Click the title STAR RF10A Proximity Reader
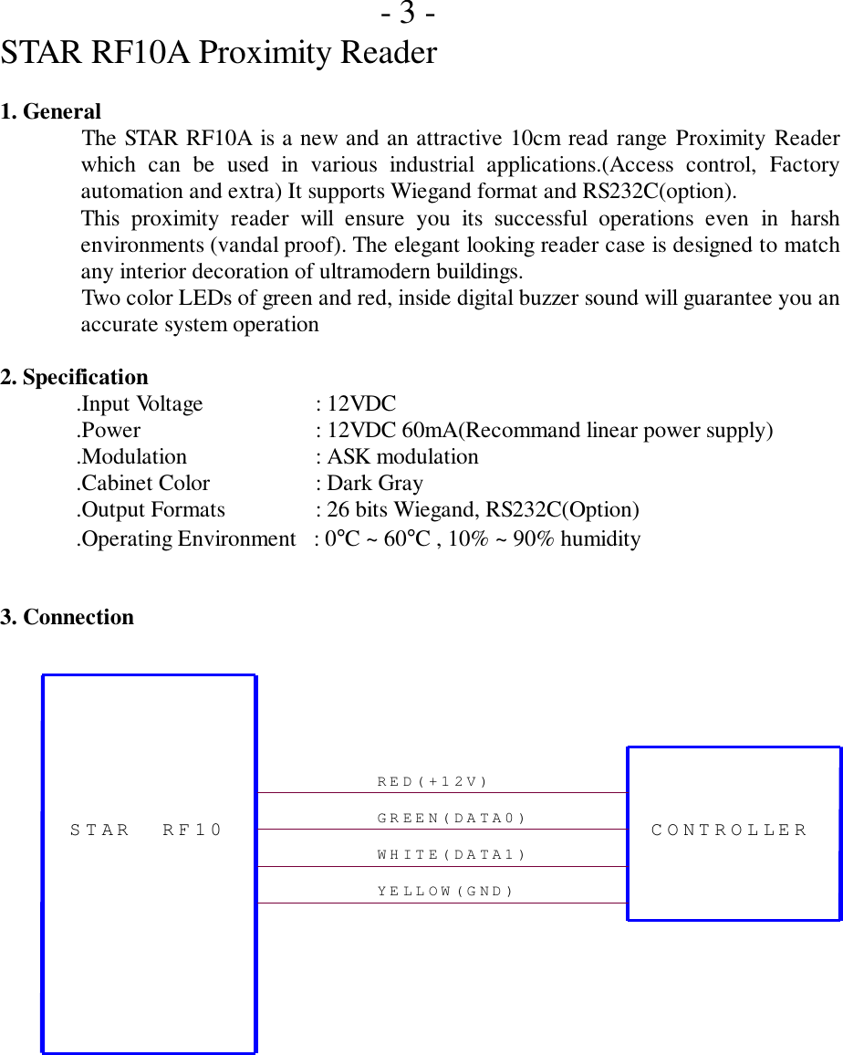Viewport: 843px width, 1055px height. (219, 53)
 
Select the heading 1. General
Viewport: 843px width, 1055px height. (51, 112)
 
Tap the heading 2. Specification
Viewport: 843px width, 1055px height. (74, 377)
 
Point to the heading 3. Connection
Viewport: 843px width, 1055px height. (68, 617)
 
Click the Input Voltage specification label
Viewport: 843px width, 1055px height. (140, 403)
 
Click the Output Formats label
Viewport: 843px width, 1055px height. (151, 509)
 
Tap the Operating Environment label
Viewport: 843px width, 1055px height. (186, 539)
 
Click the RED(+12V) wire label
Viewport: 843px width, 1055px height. (432, 782)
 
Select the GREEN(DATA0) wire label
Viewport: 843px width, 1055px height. (452, 819)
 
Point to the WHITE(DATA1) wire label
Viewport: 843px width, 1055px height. (452, 855)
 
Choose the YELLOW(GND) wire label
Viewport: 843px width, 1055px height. (446, 892)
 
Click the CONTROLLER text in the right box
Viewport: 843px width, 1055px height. (730, 830)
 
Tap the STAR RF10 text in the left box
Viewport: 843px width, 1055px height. (146, 830)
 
